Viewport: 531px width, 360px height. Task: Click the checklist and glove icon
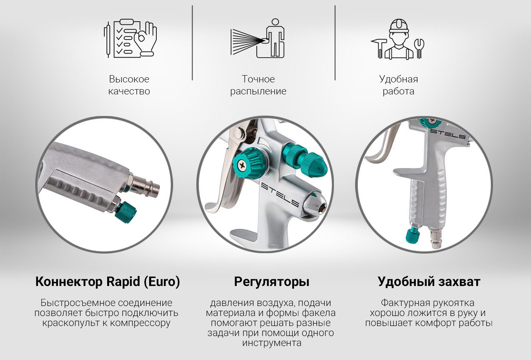[x=130, y=38]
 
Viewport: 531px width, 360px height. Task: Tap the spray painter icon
[x=258, y=38]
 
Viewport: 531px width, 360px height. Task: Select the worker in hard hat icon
[x=397, y=39]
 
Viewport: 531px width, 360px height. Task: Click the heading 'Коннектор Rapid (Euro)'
[x=108, y=282]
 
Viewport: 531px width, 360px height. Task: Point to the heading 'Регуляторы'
[x=271, y=282]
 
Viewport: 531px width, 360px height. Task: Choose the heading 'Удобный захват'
[x=429, y=282]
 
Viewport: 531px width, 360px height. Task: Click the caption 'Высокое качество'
[x=129, y=85]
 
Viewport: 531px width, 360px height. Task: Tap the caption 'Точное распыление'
[x=258, y=85]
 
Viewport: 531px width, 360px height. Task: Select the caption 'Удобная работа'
[x=399, y=85]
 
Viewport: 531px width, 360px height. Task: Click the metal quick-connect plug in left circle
[x=144, y=184]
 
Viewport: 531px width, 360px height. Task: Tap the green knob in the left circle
[x=126, y=212]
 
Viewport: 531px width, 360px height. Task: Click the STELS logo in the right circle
[x=448, y=134]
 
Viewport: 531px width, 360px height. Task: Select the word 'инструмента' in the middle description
[x=271, y=343]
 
